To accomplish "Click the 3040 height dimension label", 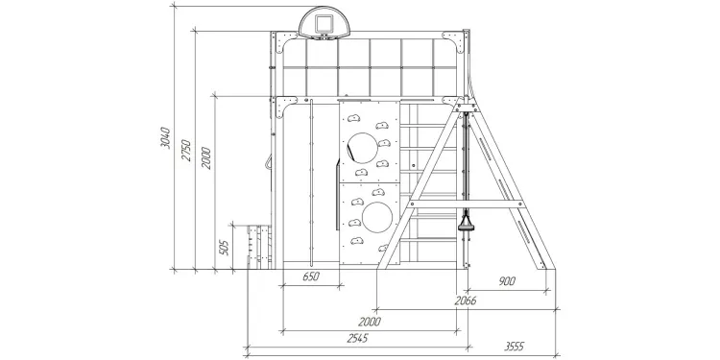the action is coord(165,137).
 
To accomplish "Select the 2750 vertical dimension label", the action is coord(186,150).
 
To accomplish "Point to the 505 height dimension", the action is coord(224,248).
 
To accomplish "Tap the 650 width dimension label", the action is coord(311,276).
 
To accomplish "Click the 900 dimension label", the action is coord(507,281).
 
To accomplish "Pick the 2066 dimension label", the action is coord(466,300).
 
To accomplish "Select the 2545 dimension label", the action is coord(357,339).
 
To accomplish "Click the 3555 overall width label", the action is coord(515,347).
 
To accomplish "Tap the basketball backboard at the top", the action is coord(324,22).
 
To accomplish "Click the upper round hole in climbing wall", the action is coord(362,148).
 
